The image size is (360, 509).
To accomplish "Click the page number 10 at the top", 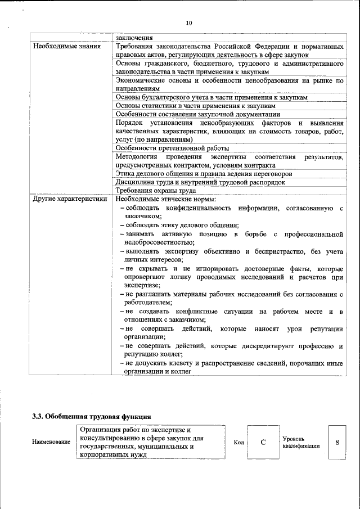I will pos(188,23).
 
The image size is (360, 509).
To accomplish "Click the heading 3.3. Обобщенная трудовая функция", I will pos(91,417).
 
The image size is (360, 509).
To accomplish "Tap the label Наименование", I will pos(51,442).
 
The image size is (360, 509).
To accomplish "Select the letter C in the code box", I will pos(263,442).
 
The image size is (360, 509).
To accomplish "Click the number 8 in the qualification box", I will pos(337,442).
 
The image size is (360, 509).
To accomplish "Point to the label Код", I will pos(238,443).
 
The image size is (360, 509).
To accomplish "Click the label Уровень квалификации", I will pos(301,442).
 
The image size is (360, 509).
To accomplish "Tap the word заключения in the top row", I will pos(134,38).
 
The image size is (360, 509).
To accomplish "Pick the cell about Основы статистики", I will pos(195,106).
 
